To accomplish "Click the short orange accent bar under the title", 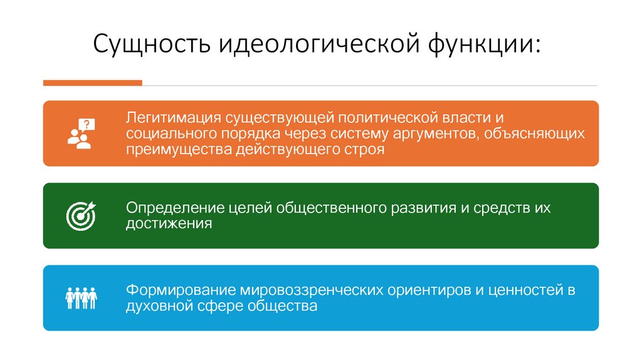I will click(x=93, y=83).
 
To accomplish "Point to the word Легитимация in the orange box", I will click(x=170, y=118).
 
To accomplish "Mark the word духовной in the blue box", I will click(x=154, y=307).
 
